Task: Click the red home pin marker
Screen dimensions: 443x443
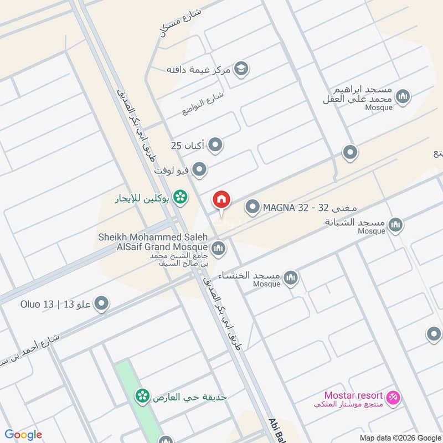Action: point(221,200)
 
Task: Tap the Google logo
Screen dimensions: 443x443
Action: point(23,435)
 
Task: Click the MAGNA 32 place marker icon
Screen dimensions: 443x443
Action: point(253,208)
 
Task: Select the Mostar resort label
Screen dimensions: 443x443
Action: point(353,395)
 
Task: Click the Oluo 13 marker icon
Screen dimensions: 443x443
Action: point(101,303)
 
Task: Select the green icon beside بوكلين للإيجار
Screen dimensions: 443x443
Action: point(179,196)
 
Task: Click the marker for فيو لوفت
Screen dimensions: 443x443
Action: point(200,169)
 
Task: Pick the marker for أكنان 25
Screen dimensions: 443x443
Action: point(216,145)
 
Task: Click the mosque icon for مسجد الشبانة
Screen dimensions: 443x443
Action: point(395,225)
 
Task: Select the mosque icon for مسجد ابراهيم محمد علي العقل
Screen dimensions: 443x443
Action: point(404,97)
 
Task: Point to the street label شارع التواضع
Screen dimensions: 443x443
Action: point(203,103)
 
